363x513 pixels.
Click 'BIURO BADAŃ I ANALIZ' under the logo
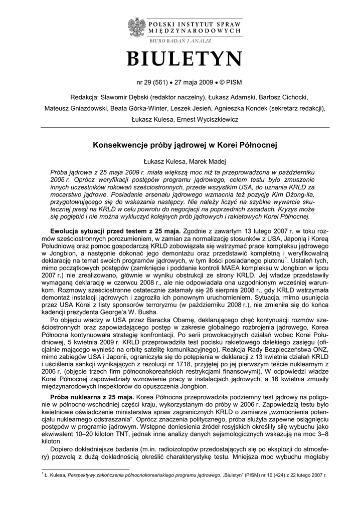click(x=181, y=40)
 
